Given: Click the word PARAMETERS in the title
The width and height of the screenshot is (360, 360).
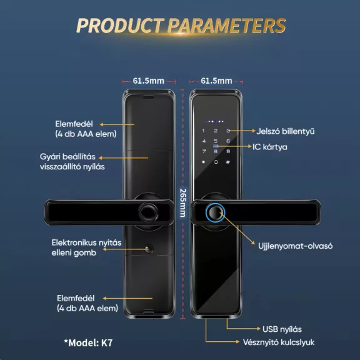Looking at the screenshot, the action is point(227,25).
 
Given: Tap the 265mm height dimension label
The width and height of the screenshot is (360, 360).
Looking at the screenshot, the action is point(182,203).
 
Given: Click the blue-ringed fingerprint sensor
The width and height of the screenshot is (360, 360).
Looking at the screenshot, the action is point(215,212).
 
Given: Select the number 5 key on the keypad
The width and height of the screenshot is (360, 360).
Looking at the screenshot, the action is point(216,141).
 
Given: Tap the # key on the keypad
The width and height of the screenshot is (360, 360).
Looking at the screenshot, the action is point(227,162).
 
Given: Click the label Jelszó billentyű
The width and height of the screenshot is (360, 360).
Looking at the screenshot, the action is point(286,131).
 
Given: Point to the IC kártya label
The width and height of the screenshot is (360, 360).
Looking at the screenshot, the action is point(270,147).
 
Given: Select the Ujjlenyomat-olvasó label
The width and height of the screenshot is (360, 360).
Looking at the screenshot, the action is point(295,246).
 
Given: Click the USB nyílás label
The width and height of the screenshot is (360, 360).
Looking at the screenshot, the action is point(282,329).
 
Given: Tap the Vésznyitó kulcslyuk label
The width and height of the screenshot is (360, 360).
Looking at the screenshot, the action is point(279,342).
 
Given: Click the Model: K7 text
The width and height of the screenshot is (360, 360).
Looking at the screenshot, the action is point(88,342).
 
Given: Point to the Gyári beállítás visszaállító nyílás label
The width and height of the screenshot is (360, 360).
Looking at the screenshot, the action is point(72,162).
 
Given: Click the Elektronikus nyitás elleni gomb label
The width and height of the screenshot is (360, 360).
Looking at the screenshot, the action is point(86,247).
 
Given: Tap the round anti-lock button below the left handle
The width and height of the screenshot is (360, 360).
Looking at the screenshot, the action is point(149,249).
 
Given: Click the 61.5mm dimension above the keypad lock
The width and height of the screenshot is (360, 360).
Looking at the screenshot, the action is point(216,81).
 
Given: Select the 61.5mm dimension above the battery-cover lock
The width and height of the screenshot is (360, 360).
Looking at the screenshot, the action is point(148,81).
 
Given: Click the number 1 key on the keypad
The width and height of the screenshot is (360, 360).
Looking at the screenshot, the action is point(203,131).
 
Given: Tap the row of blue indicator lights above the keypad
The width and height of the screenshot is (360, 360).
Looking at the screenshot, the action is point(216,121).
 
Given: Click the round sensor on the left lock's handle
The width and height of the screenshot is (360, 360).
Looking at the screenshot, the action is point(148,212).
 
